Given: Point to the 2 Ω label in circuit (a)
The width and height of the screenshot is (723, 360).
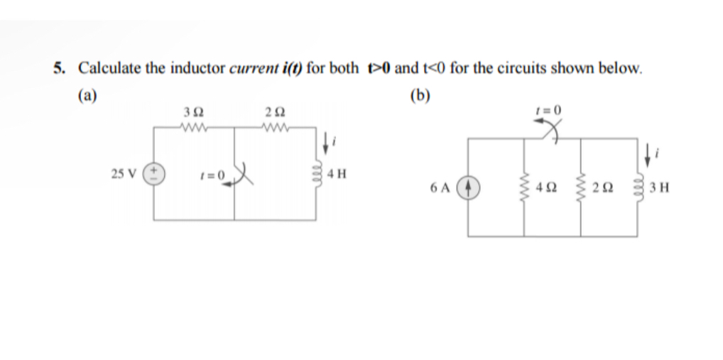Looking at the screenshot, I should [273, 115].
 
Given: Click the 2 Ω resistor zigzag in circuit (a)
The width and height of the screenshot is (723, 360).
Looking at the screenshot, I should [273, 129].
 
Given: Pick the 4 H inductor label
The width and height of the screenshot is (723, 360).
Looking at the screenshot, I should [338, 173].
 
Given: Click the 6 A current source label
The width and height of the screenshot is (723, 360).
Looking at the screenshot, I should [439, 190].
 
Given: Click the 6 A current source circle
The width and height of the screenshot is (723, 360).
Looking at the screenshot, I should [467, 190].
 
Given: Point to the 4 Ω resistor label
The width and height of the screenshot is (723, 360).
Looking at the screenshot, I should [546, 190].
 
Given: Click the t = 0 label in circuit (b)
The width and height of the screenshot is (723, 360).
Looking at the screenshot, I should [553, 110].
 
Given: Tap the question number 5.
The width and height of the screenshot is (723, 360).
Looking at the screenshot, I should [59, 69].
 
